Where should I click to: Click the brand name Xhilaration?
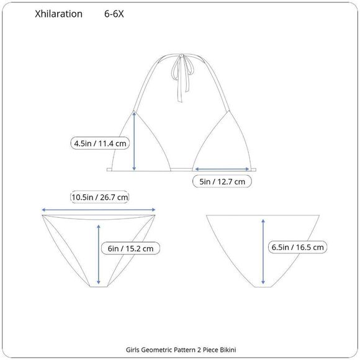pos(58,14)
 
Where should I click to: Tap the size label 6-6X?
pos(114,14)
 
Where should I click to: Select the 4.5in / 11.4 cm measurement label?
pos(100,143)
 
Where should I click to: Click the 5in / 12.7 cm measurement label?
pos(222,182)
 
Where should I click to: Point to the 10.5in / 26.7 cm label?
pos(100,197)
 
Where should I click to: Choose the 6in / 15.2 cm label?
pos(130,248)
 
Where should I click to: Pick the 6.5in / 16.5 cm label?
pos(297,247)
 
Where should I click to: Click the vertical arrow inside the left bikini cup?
pos(134,141)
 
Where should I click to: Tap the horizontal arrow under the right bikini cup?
pos(222,169)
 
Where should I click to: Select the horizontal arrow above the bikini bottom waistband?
pos(99,210)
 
